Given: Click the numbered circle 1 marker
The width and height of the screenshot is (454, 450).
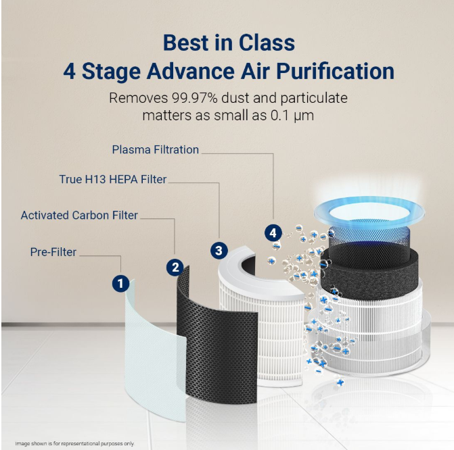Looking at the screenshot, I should pos(120,284).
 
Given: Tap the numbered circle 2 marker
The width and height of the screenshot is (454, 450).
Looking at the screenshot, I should pos(175,267).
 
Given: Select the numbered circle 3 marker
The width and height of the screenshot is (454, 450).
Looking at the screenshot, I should pos(218,250).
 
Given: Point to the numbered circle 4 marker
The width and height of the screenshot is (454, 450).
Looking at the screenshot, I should pos(273,233).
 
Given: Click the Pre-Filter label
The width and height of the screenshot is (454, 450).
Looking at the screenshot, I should pos(53,252).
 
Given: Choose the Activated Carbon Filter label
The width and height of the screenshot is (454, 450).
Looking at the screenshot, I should pos(79,216).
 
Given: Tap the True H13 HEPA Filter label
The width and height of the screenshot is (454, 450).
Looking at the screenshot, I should pos(112,180).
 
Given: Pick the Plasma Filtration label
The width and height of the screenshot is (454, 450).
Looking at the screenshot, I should pos(156,149).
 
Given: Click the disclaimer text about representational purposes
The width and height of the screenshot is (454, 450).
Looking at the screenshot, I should pos(72,443).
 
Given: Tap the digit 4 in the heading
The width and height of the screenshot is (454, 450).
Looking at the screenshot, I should pos(70,72).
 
